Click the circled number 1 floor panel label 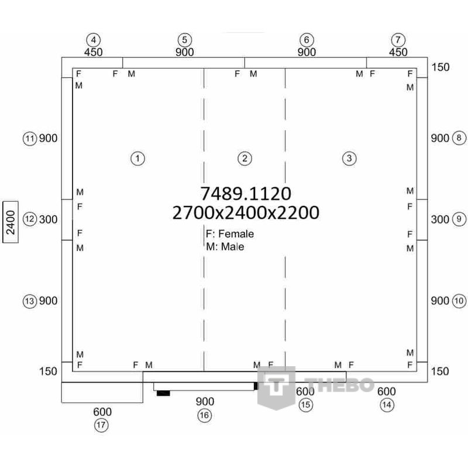click(x=137, y=159)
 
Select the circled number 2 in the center click(x=245, y=159)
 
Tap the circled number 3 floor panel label click(x=349, y=159)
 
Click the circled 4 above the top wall click(x=94, y=40)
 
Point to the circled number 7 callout click(x=398, y=40)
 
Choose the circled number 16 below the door click(x=204, y=415)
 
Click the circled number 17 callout click(x=101, y=425)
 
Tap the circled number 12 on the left click(x=30, y=219)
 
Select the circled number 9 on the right click(x=459, y=219)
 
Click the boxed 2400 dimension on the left click(x=11, y=222)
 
